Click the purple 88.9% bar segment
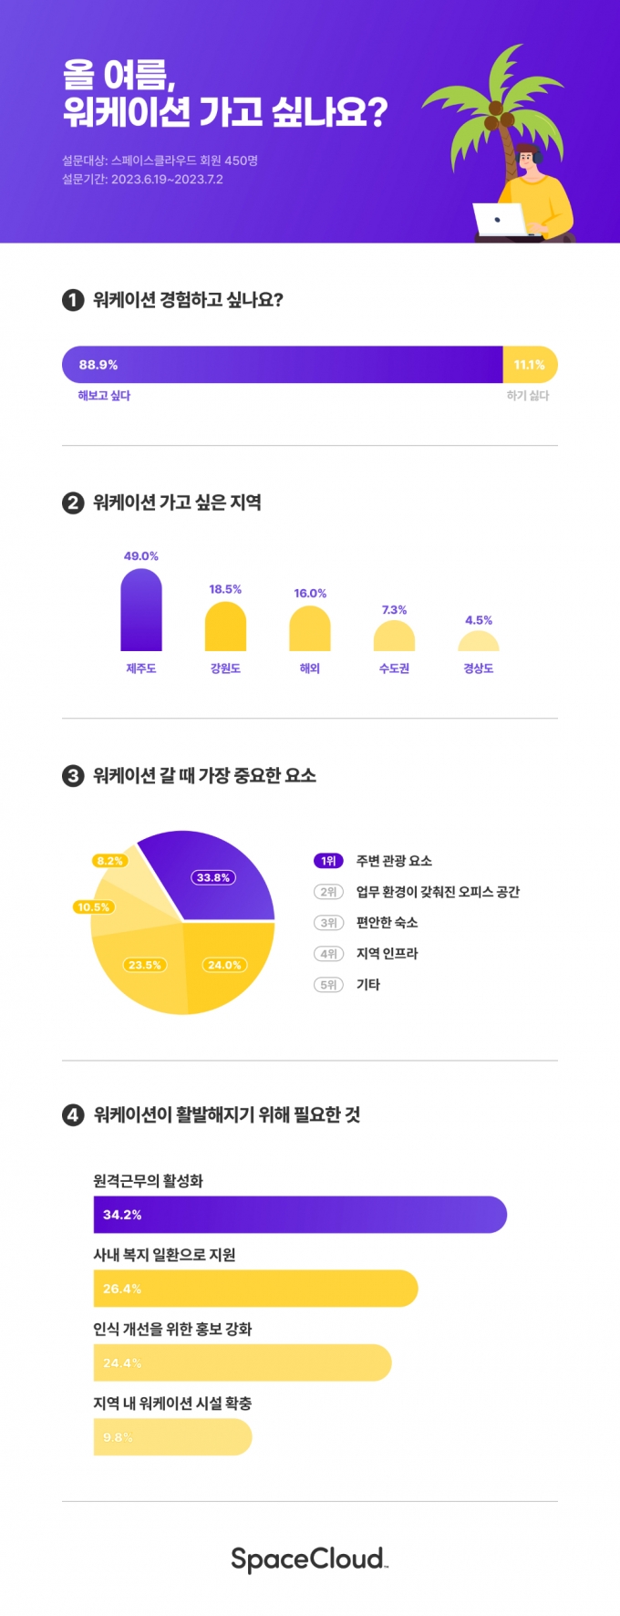pyautogui.click(x=283, y=365)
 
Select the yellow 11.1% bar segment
pyautogui.click(x=530, y=365)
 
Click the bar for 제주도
pyautogui.click(x=141, y=610)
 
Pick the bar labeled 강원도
pyautogui.click(x=225, y=627)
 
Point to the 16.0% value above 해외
pyautogui.click(x=310, y=594)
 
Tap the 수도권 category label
pyautogui.click(x=394, y=668)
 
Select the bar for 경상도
pyautogui.click(x=479, y=641)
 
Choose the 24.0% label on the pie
pyautogui.click(x=224, y=965)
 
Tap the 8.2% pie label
pyautogui.click(x=109, y=861)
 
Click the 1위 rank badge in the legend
pyautogui.click(x=328, y=861)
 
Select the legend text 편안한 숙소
pyautogui.click(x=387, y=923)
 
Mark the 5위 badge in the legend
pyautogui.click(x=328, y=985)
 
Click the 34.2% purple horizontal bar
pyautogui.click(x=300, y=1215)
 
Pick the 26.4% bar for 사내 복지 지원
pyautogui.click(x=255, y=1289)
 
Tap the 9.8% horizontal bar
pyautogui.click(x=172, y=1437)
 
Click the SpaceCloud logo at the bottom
pyautogui.click(x=309, y=1559)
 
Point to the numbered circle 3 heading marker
pyautogui.click(x=73, y=776)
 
